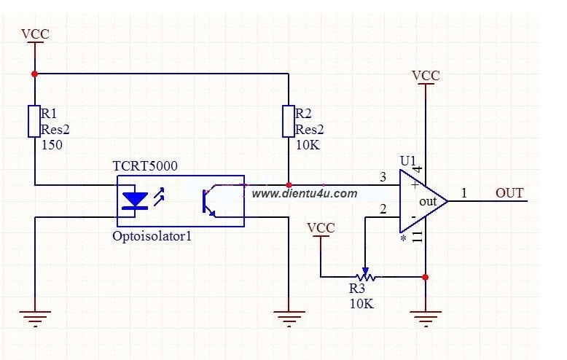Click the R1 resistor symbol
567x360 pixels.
34,122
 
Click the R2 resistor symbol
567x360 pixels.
289,122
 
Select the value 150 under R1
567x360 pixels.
52,145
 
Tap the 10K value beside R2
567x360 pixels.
308,145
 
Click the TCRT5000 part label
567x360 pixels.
145,166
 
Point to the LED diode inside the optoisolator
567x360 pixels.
135,201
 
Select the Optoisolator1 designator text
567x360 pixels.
152,236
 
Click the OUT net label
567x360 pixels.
509,193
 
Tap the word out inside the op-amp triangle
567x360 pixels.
428,201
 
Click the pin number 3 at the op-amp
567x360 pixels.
383,177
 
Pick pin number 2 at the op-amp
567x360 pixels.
383,209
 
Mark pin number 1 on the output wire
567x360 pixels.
464,193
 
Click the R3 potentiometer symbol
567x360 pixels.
365,276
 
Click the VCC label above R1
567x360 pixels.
35,34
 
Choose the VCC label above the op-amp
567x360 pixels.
426,76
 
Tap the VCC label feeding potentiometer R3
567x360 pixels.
321,228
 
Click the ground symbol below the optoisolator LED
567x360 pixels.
35,318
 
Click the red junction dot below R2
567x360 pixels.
289,185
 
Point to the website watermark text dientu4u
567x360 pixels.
305,194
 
